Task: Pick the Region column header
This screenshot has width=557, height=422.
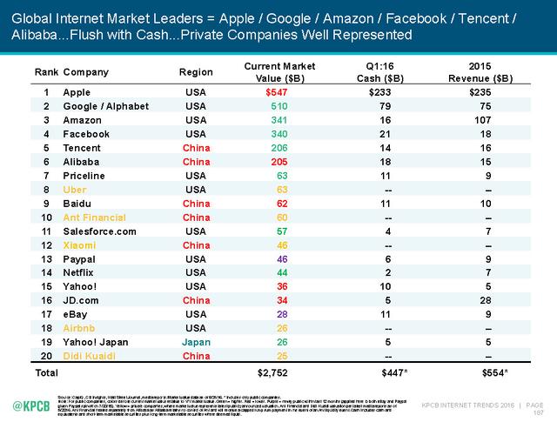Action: tap(195, 71)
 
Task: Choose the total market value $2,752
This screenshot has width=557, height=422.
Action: tap(274, 372)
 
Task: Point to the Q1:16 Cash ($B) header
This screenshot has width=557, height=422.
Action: tap(380, 71)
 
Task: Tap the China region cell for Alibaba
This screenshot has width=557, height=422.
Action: tap(195, 163)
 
